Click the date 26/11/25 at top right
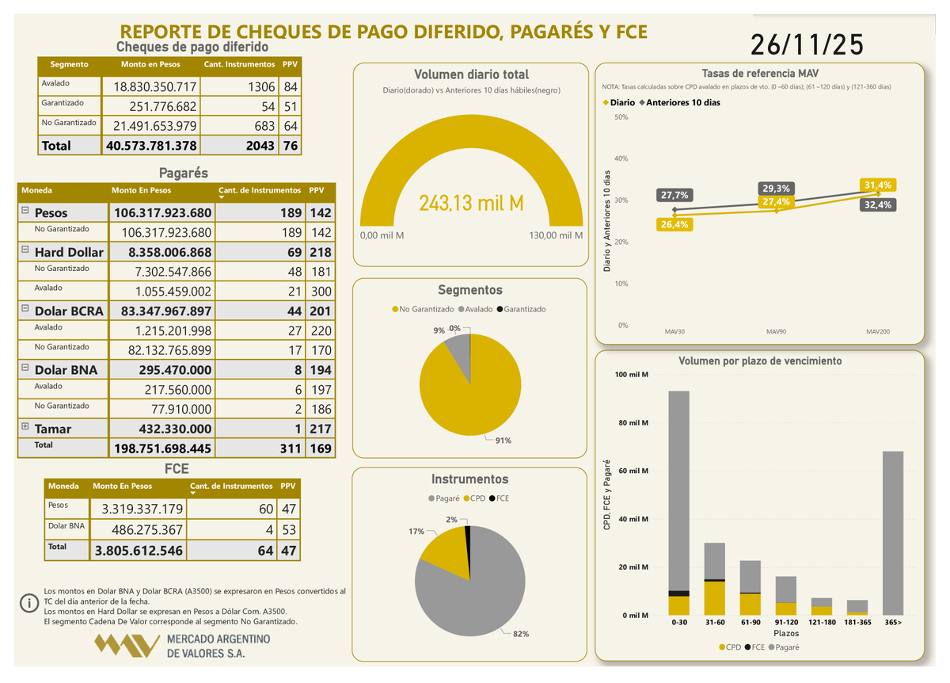807,45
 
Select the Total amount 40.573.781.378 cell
151,146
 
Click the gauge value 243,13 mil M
471,204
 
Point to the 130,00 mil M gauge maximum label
556,235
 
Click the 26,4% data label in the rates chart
674,225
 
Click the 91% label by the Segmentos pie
503,441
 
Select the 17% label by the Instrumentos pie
416,532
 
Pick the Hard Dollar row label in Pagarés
69,252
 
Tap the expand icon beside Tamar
25,427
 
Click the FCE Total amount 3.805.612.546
139,551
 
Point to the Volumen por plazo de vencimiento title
759,361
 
